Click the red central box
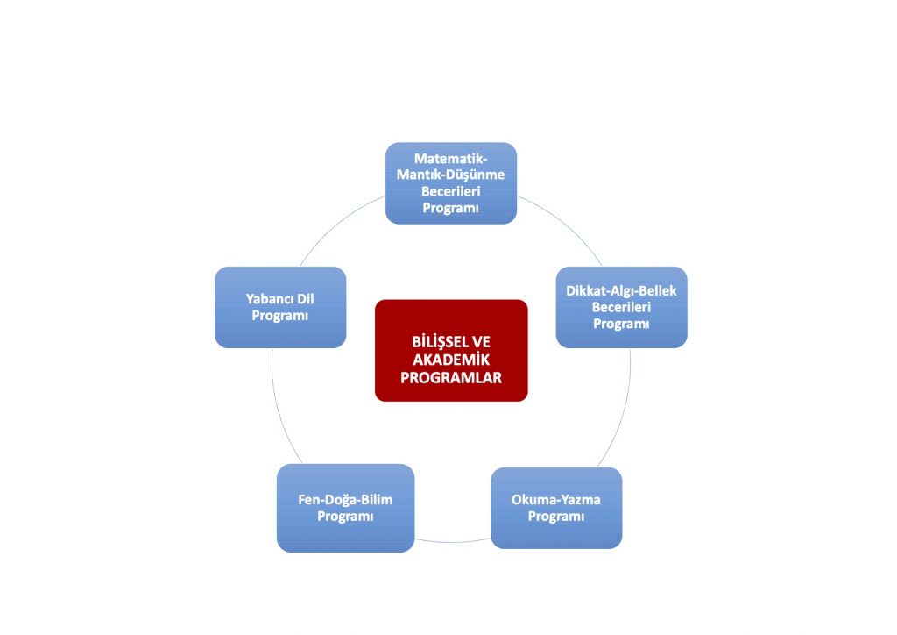(x=451, y=351)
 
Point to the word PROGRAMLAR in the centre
(x=451, y=378)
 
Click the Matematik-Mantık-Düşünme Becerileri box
(x=451, y=183)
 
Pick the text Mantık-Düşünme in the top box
(x=451, y=175)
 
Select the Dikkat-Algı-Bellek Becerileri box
(x=621, y=307)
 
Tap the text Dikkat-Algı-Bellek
(x=621, y=290)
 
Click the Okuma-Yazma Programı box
(x=556, y=508)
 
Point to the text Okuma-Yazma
(x=556, y=500)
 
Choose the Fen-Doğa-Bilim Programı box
(x=345, y=508)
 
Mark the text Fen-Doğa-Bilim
(x=345, y=500)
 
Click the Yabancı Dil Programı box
(x=280, y=307)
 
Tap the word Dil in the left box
(x=304, y=298)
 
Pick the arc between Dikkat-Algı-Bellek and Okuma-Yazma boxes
(x=623, y=408)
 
